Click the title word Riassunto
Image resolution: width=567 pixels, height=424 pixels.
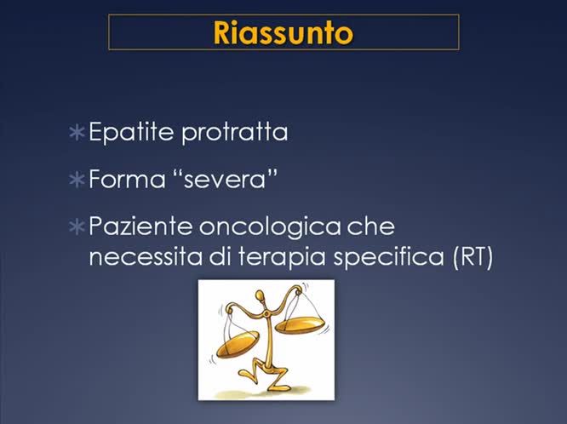(283, 32)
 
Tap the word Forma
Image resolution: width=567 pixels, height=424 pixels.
(119, 180)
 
